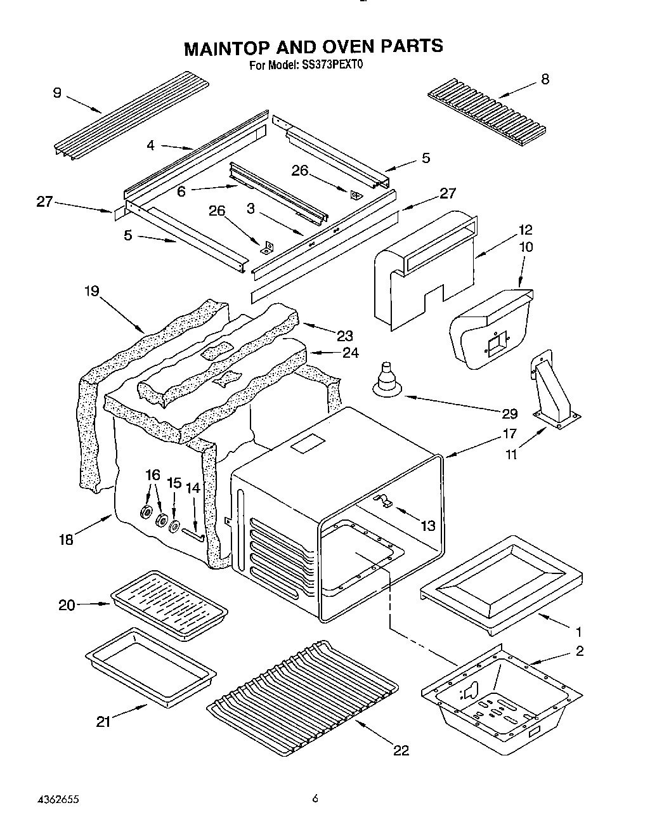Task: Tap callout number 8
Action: (x=545, y=79)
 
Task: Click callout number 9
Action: (x=57, y=93)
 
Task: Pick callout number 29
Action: (x=509, y=414)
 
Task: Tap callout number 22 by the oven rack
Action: (x=400, y=750)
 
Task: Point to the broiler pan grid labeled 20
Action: (x=169, y=603)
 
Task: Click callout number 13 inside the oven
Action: (x=429, y=525)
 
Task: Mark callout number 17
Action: (x=509, y=434)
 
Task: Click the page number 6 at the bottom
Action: (x=314, y=799)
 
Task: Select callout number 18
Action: (x=66, y=539)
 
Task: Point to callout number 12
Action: (x=525, y=230)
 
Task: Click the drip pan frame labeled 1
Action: (x=501, y=582)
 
